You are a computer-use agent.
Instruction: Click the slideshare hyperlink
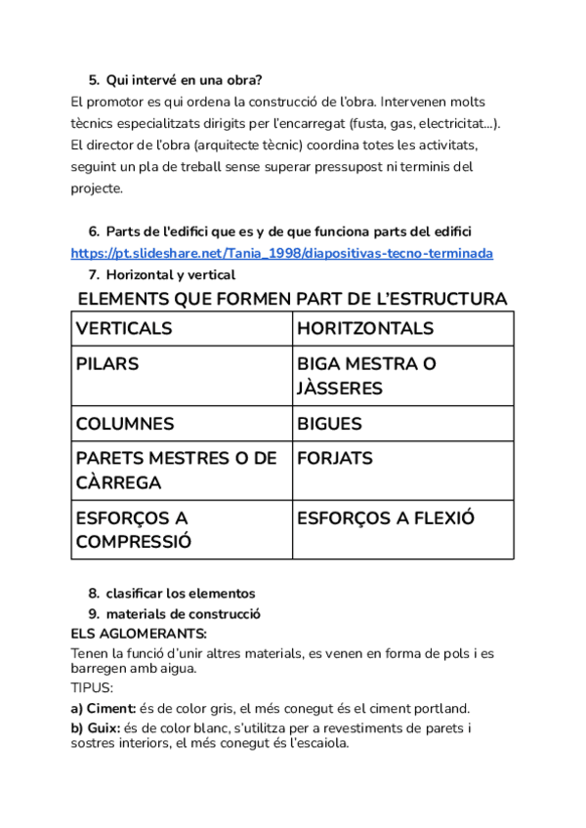pos(282,253)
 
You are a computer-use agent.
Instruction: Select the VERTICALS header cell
pos(182,329)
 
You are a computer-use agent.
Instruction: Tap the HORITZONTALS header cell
pos(402,329)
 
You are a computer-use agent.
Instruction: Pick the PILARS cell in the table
pos(182,376)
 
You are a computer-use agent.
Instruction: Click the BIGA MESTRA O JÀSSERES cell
pos(402,376)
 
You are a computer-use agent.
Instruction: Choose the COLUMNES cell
pos(182,424)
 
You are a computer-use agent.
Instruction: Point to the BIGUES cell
pos(402,424)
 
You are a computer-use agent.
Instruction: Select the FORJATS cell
pos(402,471)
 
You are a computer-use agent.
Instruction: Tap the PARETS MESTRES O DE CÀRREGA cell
pos(182,471)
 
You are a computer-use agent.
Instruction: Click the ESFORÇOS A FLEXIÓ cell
pos(402,529)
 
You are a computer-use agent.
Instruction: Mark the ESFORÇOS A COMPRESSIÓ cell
pos(182,529)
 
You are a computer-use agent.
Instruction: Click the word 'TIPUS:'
pos(93,687)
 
